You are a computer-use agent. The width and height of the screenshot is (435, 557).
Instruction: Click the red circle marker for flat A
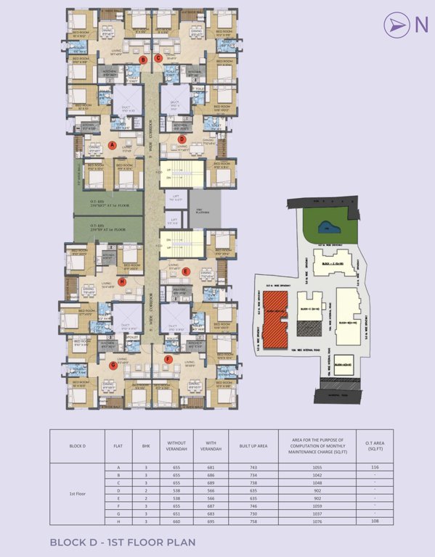pyautogui.click(x=112, y=145)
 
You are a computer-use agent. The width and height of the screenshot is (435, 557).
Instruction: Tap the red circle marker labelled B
pyautogui.click(x=144, y=59)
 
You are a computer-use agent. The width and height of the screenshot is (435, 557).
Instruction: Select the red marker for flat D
pyautogui.click(x=182, y=139)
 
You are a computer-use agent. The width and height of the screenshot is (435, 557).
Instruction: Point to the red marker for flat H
pyautogui.click(x=122, y=281)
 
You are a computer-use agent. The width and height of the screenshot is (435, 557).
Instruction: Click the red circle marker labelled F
pyautogui.click(x=168, y=359)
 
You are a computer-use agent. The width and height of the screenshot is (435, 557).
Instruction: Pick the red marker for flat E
pyautogui.click(x=186, y=272)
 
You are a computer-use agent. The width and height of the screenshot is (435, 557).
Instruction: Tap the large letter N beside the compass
pyautogui.click(x=420, y=25)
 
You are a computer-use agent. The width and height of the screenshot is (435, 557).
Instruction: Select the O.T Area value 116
pyautogui.click(x=375, y=468)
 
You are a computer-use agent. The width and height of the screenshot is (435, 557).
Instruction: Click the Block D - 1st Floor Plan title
pyautogui.click(x=123, y=542)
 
